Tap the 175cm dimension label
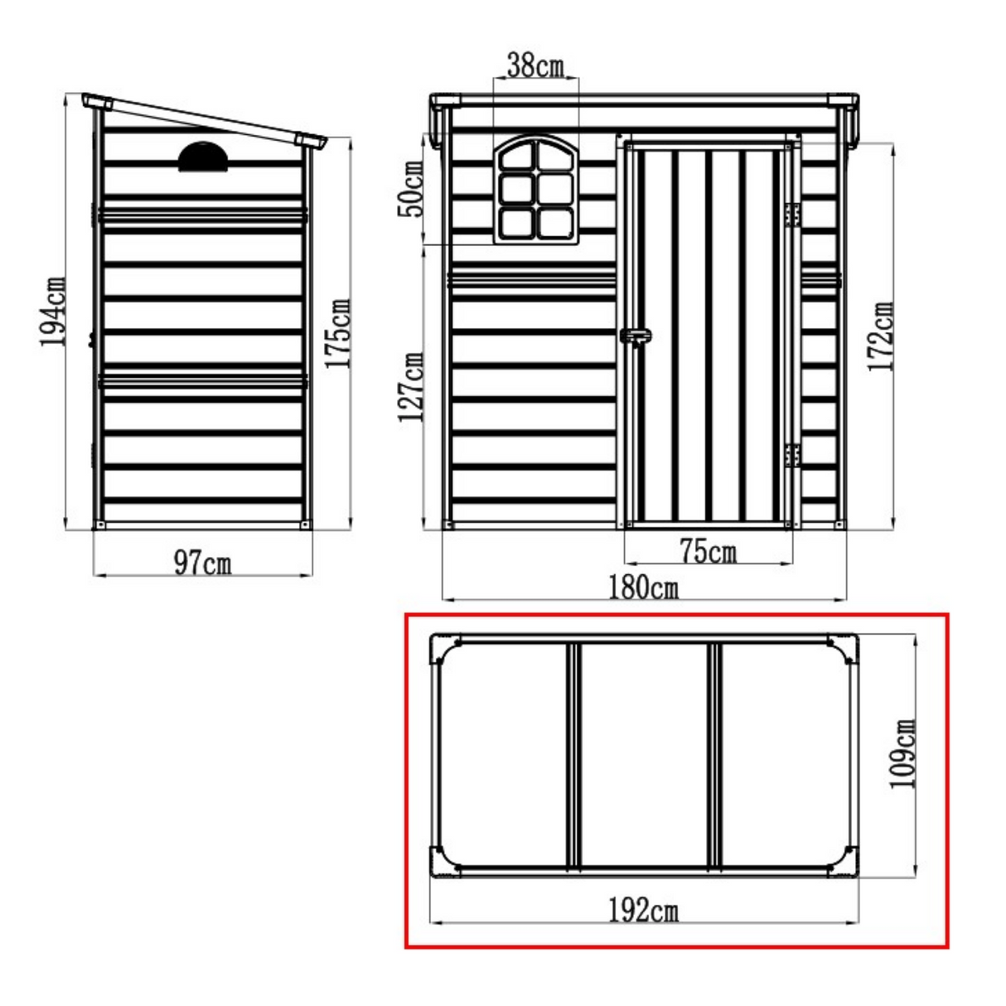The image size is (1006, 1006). (x=339, y=333)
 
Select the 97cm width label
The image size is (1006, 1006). (x=202, y=564)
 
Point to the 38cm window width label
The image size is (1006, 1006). (x=535, y=65)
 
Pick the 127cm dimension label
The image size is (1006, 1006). (x=412, y=387)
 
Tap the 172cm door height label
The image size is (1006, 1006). (x=882, y=336)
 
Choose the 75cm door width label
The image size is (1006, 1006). (x=707, y=551)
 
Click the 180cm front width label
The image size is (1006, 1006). (x=643, y=588)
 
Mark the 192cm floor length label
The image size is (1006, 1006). (x=643, y=911)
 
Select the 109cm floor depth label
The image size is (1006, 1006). (x=902, y=752)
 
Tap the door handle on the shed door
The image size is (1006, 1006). (x=636, y=336)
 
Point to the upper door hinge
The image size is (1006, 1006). (x=792, y=215)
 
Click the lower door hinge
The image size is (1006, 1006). (x=792, y=455)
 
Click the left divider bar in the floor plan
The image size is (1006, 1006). (x=572, y=754)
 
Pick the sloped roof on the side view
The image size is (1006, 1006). (x=207, y=120)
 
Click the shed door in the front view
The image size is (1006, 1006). (x=706, y=331)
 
